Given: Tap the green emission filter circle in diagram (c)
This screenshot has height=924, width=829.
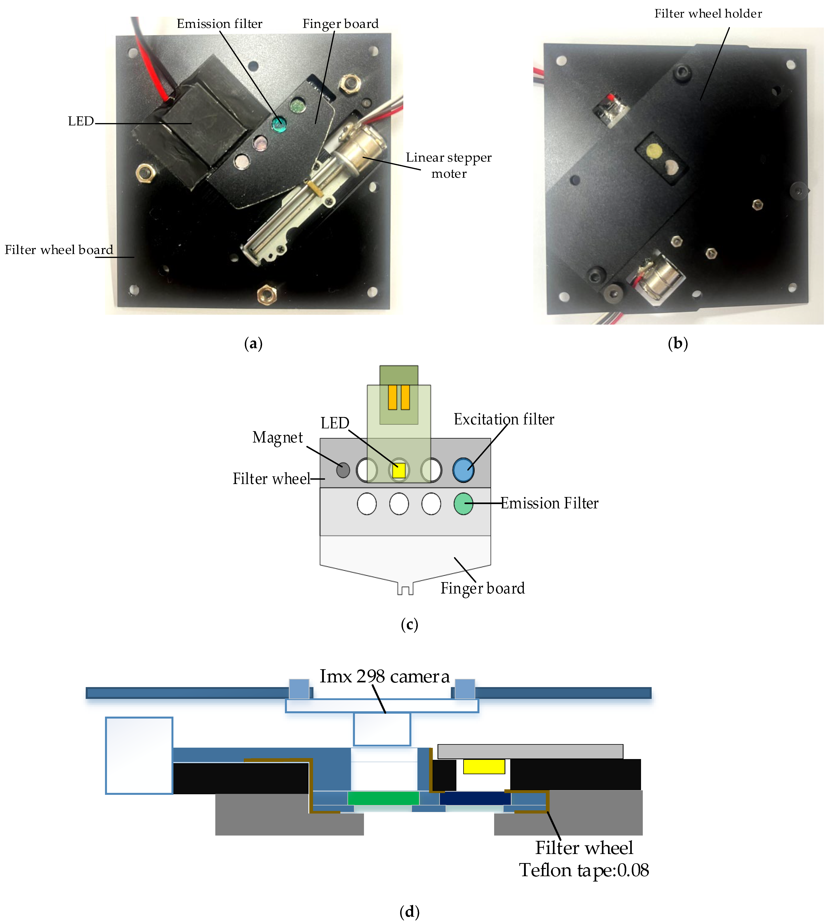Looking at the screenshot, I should click(x=463, y=504).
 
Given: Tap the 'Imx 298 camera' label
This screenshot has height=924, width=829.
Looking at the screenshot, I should click(x=384, y=676).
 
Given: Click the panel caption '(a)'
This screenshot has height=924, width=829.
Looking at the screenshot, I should click(x=253, y=343).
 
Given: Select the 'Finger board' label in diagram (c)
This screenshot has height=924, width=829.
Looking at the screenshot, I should click(x=482, y=588).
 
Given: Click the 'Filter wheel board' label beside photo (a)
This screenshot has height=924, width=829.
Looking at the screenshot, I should click(x=59, y=249).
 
